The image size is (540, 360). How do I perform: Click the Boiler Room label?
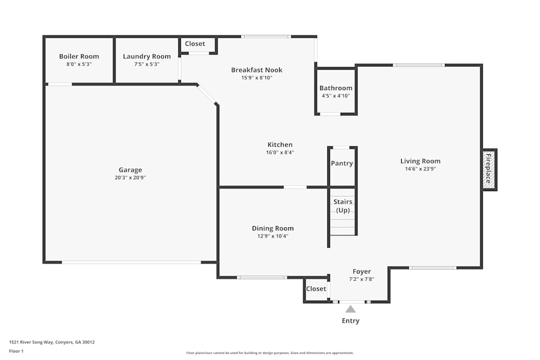coord(79,56)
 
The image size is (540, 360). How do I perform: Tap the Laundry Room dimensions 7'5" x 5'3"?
coord(147,64)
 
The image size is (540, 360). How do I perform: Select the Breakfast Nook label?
coord(256,70)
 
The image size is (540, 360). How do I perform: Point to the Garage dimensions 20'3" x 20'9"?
coord(130,178)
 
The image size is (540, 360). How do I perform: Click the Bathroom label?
coord(336,88)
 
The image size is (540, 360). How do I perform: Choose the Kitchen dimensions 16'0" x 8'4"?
coord(280,152)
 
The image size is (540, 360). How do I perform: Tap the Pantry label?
coord(342,163)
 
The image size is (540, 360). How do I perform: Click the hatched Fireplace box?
coord(489,169)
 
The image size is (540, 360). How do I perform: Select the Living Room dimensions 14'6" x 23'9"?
coord(421,168)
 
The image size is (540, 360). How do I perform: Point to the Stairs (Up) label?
coord(343,206)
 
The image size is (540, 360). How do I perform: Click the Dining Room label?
coord(273,228)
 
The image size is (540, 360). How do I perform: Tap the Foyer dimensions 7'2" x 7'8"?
coord(362,279)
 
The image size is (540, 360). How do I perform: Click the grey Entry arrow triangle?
coord(350,309)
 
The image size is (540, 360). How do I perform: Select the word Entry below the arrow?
coord(350,321)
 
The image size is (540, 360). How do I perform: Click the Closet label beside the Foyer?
coord(316,289)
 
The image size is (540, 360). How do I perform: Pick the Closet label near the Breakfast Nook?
coord(195,44)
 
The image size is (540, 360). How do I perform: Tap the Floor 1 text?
coord(16,351)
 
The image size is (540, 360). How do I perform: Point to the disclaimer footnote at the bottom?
coord(269,353)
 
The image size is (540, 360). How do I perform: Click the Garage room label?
coord(130,169)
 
